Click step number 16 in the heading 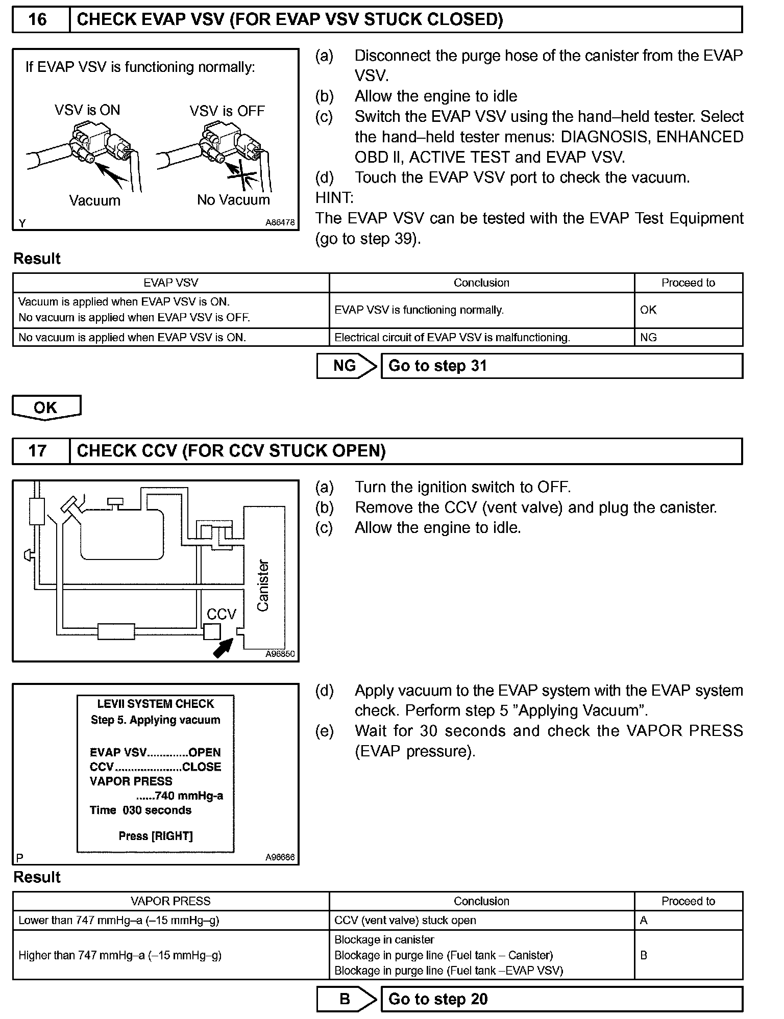tap(38, 20)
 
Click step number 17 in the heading tap(38, 451)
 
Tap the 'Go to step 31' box tap(561, 366)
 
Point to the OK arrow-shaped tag tap(46, 407)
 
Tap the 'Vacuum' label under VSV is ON tap(95, 200)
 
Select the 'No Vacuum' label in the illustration tap(233, 200)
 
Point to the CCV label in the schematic tap(222, 614)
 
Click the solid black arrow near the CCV tap(223, 648)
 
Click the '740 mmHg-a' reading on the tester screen tap(180, 796)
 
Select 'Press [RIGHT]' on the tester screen tap(156, 836)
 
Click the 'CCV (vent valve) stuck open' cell tap(481, 920)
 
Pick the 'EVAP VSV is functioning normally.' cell tap(481, 310)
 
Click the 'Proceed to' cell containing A tap(688, 920)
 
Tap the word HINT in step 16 tap(334, 198)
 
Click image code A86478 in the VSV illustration tap(280, 223)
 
